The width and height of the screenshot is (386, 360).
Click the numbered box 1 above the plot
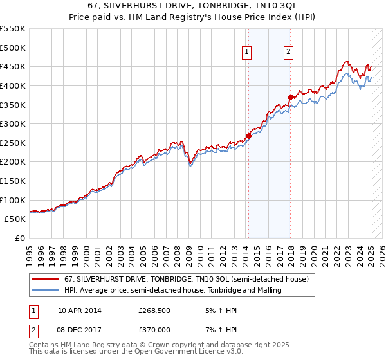click(247, 53)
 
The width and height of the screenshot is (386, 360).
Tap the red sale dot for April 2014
click(248, 136)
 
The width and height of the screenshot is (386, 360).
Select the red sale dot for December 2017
click(290, 97)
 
